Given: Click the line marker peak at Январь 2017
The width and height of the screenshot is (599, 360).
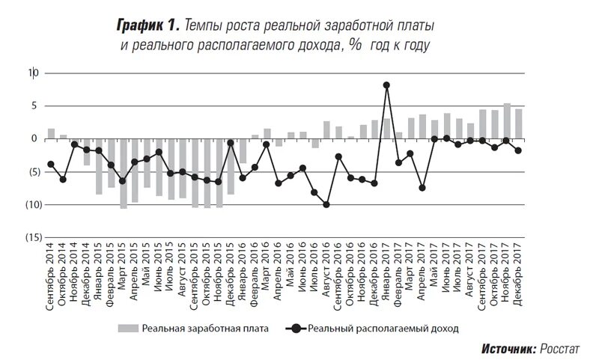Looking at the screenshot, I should (x=386, y=85).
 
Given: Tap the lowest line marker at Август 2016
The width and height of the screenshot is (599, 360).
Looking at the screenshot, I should (x=326, y=204).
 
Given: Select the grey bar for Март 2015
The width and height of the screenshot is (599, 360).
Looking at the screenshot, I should (x=123, y=173).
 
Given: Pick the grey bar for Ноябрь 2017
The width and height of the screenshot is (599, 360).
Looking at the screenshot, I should (x=506, y=121).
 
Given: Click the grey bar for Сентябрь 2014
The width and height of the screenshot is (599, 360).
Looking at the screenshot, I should (x=51, y=134).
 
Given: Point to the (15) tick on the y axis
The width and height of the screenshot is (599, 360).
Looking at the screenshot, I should (x=31, y=237).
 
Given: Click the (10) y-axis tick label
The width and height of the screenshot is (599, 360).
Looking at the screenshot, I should (x=31, y=204).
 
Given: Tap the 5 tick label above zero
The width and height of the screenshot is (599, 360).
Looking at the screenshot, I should (x=34, y=106).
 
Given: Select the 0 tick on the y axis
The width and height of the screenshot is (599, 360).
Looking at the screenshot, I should (x=34, y=138).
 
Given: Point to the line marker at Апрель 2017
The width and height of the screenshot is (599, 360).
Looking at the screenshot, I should (x=422, y=188).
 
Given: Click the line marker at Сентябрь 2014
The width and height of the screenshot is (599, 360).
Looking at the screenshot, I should (x=51, y=164).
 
